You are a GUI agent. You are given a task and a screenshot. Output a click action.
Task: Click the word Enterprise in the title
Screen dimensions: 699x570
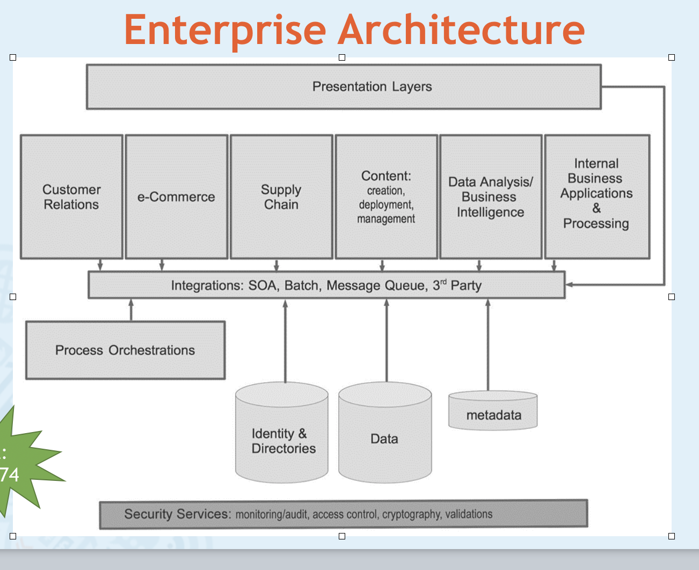(x=225, y=31)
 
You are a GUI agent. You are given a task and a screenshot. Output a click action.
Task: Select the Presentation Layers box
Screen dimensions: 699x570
(x=344, y=86)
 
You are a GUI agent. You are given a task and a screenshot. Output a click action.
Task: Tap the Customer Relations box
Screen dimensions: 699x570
(x=71, y=196)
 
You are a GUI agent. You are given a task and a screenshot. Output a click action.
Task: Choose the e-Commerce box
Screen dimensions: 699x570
(x=177, y=196)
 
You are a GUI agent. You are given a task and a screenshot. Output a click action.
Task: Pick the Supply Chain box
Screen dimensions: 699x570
(x=281, y=196)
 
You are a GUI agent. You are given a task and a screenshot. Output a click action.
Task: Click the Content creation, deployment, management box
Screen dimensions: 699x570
(x=387, y=196)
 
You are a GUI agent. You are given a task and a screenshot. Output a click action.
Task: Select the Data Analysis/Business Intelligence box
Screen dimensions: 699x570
(x=491, y=196)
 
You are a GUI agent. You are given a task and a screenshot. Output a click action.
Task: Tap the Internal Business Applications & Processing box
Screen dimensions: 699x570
(x=597, y=196)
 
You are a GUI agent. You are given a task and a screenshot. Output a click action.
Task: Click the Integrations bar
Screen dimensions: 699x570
(x=326, y=285)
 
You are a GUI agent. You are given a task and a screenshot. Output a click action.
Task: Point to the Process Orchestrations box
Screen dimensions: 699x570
(x=125, y=350)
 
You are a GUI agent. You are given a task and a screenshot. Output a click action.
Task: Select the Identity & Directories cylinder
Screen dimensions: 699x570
(x=282, y=433)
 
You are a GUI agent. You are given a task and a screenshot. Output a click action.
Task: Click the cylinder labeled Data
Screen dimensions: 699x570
(x=385, y=433)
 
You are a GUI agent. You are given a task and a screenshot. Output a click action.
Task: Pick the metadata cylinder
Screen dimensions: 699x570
(x=493, y=410)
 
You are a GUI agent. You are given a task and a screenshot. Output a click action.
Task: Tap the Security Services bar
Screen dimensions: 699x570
(x=344, y=514)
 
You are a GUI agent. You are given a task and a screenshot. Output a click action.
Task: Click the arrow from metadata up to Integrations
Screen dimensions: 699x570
(x=488, y=345)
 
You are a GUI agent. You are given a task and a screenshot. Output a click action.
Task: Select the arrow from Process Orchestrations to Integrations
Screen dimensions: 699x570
(x=131, y=310)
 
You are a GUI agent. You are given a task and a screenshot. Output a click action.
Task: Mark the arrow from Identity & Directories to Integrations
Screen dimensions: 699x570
(x=286, y=341)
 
